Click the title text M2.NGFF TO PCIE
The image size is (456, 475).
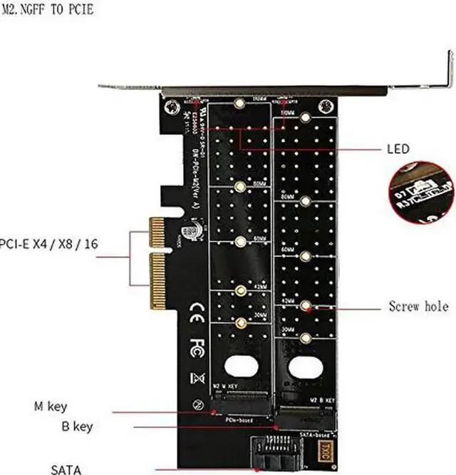pos(47,10)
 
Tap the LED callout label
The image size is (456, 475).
pos(398,149)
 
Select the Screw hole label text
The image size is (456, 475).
pos(418,307)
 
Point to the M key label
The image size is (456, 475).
pos(51,407)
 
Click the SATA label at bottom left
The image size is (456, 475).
pos(66,469)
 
